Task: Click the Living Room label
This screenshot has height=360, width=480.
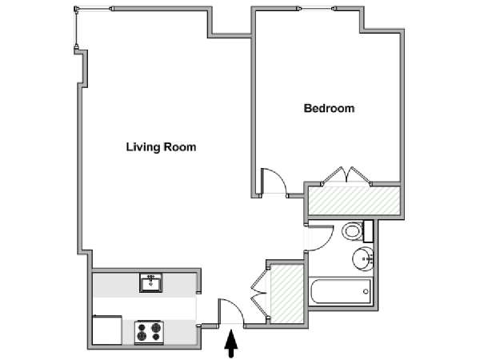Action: [161, 147]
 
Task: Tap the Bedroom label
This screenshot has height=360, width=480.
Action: [329, 108]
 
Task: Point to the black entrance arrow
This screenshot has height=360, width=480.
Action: [231, 343]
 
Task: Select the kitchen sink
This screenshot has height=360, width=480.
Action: [151, 282]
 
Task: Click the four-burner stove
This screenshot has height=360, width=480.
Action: [149, 331]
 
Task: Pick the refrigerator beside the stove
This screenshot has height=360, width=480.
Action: [107, 330]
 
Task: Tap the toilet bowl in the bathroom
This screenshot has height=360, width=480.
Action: [353, 231]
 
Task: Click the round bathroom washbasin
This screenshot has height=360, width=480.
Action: [363, 258]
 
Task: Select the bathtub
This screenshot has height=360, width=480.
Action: [341, 291]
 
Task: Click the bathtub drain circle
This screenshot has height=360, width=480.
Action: [366, 291]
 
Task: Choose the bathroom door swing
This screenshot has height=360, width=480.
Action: [319, 238]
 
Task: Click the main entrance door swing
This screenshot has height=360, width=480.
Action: [231, 311]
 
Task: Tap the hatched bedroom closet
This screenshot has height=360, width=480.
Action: [354, 201]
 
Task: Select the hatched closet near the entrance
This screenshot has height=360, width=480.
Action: [287, 294]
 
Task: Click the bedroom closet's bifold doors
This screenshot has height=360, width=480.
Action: [346, 176]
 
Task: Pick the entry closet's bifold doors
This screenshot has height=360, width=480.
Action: [259, 294]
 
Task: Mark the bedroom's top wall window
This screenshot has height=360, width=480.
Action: [316, 9]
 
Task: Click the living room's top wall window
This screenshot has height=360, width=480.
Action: [94, 9]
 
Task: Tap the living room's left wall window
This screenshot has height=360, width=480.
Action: [76, 29]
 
